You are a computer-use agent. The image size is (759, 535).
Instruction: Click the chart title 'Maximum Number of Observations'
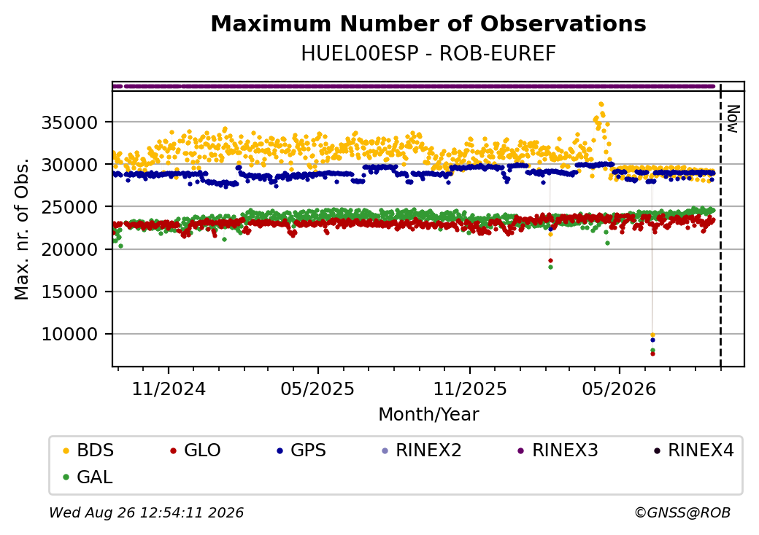428,24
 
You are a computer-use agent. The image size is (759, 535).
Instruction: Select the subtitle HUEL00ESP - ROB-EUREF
428,54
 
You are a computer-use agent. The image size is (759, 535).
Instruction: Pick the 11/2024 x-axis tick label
169,388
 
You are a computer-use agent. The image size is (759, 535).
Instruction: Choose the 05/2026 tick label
619,388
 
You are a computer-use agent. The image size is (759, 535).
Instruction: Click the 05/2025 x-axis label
317,388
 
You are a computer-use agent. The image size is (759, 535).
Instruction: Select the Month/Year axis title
428,414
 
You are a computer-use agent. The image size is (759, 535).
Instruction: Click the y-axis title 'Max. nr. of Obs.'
22,229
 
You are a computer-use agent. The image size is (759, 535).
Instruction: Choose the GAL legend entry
88,477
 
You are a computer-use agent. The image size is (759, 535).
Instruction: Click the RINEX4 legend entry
693,450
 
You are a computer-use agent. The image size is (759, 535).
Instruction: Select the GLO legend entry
196,450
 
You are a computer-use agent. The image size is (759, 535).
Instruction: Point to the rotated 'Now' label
733,119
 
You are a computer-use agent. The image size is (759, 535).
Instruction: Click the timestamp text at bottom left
146,512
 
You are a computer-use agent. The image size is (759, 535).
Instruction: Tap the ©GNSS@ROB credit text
682,512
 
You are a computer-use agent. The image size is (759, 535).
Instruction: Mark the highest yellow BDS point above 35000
601,104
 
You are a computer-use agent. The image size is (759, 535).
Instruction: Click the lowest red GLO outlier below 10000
652,354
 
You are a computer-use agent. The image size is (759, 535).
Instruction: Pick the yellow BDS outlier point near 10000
652,335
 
